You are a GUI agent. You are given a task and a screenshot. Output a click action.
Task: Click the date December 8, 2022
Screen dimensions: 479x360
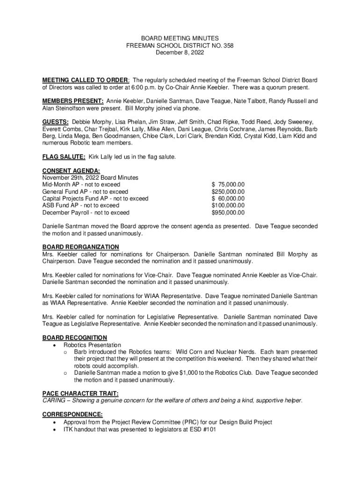[x=180, y=53]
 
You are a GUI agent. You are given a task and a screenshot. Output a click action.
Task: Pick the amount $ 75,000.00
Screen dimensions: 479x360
[x=228, y=185]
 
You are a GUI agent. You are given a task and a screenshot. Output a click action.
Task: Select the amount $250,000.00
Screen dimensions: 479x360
[x=228, y=192]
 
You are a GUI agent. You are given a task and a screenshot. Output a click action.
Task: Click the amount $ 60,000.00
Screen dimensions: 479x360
[x=228, y=199]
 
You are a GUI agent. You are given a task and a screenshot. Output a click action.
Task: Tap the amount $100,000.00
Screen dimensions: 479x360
[x=228, y=205]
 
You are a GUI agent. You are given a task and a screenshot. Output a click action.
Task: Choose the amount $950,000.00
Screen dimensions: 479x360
[x=228, y=212]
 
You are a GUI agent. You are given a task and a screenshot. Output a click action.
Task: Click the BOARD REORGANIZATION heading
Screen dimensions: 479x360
[x=80, y=247]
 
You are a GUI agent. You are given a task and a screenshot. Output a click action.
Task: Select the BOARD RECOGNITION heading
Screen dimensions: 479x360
[x=75, y=338]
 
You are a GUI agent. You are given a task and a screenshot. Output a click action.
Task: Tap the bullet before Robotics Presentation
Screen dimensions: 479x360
[x=56, y=345]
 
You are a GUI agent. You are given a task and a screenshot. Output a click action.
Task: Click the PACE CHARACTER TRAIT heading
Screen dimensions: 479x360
[x=80, y=393]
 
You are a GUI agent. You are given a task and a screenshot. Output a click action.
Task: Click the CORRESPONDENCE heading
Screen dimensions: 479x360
[x=72, y=414]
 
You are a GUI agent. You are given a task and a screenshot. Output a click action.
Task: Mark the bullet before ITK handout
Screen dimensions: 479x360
[x=56, y=429]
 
